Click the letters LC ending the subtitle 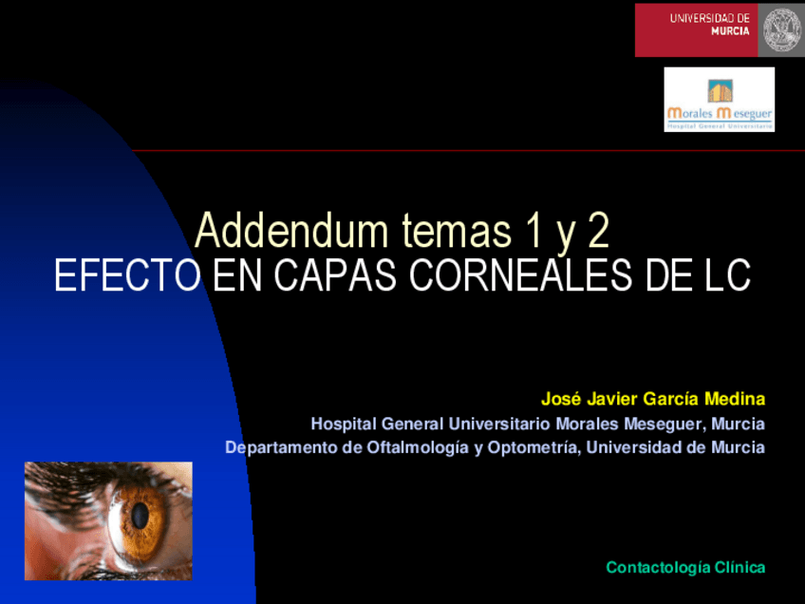pyautogui.click(x=726, y=276)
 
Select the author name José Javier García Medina pyautogui.click(x=653, y=398)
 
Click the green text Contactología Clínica pyautogui.click(x=685, y=567)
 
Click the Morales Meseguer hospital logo pyautogui.click(x=719, y=100)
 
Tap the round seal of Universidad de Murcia pyautogui.click(x=782, y=28)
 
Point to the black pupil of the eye pyautogui.click(x=140, y=516)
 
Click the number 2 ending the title pyautogui.click(x=596, y=232)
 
